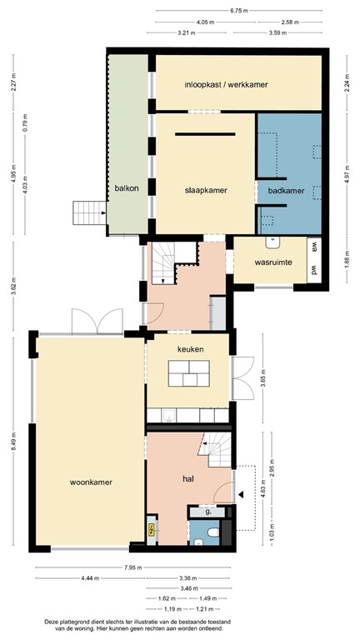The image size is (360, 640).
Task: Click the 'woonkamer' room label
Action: [x=91, y=482]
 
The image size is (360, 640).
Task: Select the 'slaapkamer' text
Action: [x=205, y=190]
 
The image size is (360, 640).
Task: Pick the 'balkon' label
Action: [x=127, y=188]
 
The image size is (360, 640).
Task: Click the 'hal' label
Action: [x=189, y=478]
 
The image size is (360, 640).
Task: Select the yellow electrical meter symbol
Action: [x=151, y=529]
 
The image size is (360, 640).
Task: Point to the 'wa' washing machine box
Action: [x=314, y=246]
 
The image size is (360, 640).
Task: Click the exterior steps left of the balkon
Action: [x=87, y=213]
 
